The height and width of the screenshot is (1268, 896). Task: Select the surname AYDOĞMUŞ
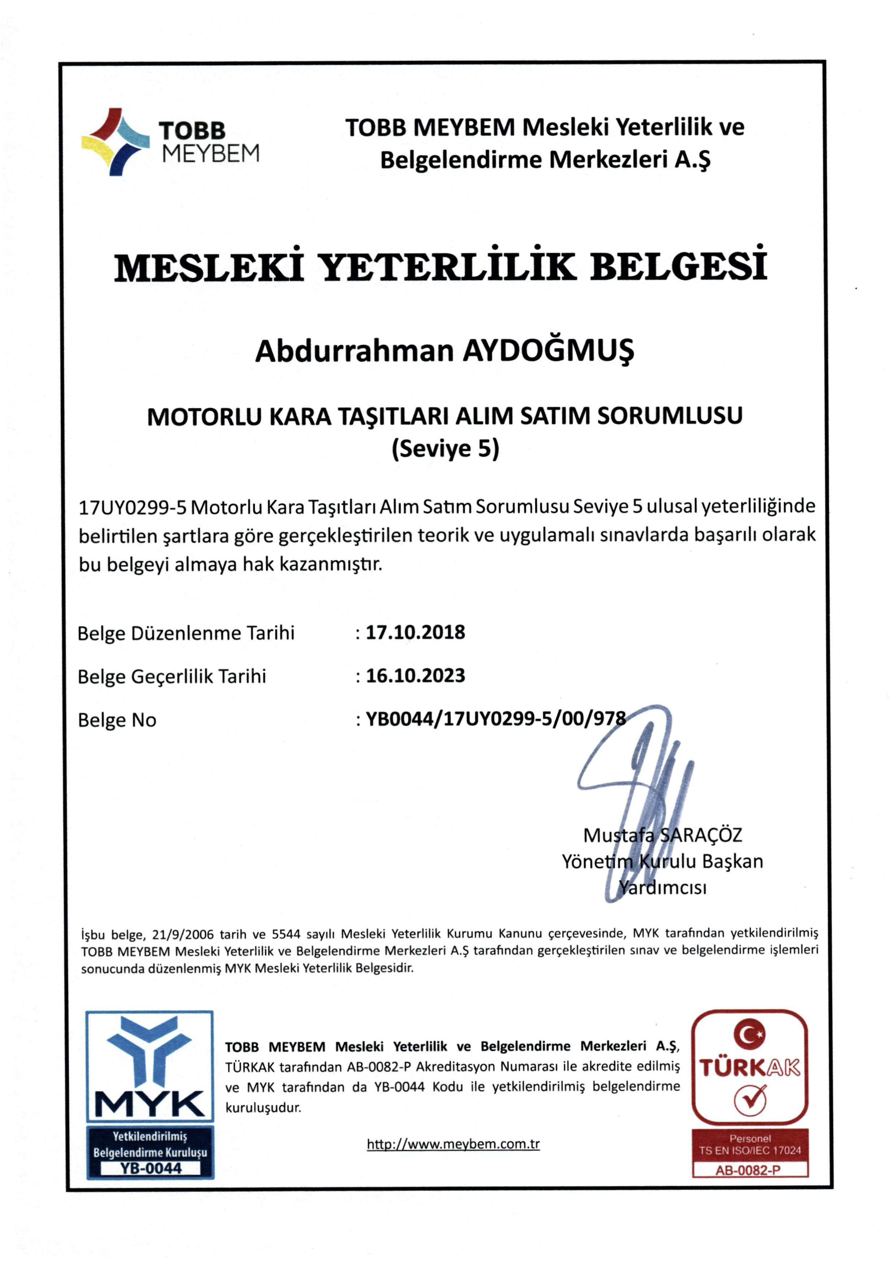click(548, 351)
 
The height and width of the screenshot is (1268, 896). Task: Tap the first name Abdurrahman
click(354, 351)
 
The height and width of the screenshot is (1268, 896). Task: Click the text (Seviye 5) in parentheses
click(445, 449)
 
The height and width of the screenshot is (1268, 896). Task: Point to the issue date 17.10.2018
click(415, 632)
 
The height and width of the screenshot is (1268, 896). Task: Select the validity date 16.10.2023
click(415, 676)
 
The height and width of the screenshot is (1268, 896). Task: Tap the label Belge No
click(117, 720)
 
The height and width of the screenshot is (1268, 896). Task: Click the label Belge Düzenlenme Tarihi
click(186, 633)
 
